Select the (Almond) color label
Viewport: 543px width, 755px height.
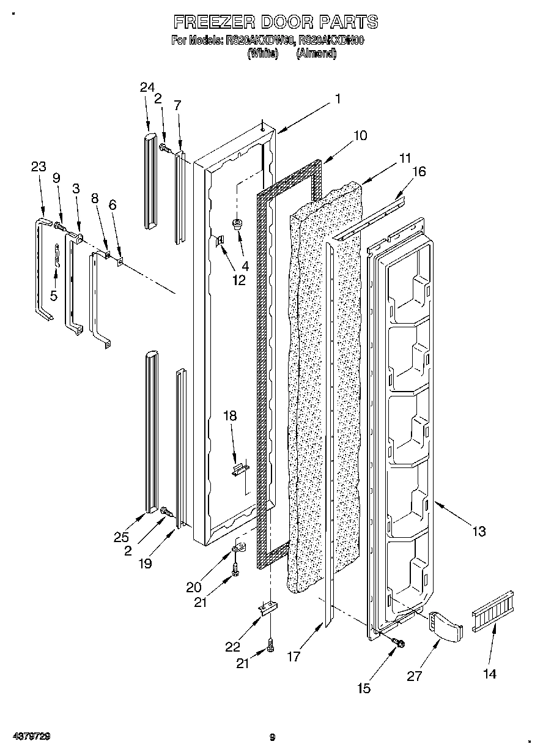click(316, 53)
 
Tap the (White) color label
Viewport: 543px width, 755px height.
click(262, 53)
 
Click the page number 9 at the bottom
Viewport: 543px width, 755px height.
click(272, 738)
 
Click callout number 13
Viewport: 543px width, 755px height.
click(479, 531)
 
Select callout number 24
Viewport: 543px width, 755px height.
click(147, 87)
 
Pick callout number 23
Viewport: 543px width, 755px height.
click(39, 166)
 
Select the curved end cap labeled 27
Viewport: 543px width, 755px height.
click(447, 625)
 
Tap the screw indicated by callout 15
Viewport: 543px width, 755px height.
click(399, 642)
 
